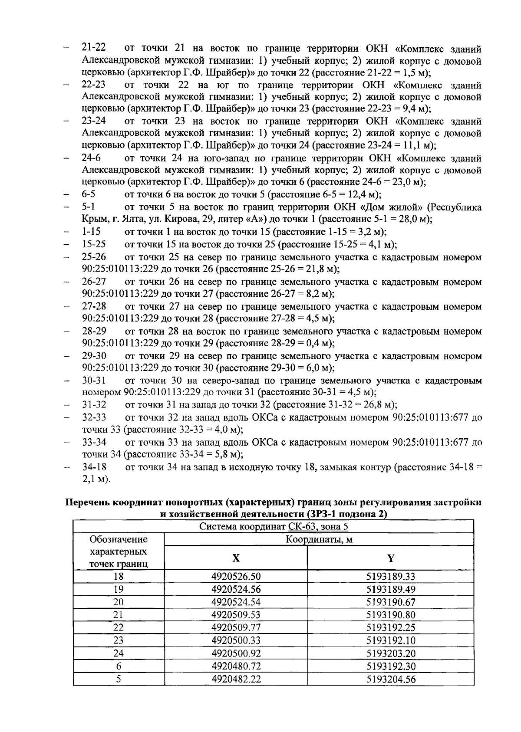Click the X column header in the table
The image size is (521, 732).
coord(235,558)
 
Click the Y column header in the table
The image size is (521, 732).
coord(390,558)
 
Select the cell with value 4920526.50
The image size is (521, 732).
coord(236,577)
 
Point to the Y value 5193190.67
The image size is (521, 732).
coord(391,602)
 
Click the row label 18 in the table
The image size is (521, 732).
coord(118,577)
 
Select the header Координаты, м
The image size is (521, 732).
coord(318,539)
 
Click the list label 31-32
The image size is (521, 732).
coord(94,405)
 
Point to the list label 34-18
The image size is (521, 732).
coord(94,467)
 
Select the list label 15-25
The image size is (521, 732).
coord(94,244)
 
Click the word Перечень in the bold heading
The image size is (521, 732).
coord(87,502)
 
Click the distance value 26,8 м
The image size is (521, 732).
coord(377,405)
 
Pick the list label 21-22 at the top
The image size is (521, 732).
coord(94,48)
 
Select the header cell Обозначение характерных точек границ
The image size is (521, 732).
coord(118,551)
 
